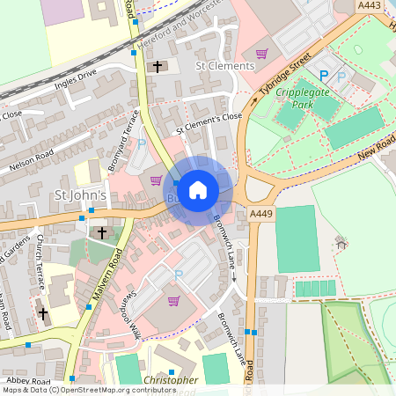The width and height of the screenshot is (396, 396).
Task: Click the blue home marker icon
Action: (198, 189)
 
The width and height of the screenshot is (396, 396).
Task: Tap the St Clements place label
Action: (224, 65)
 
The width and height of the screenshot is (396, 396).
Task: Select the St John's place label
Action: (80, 194)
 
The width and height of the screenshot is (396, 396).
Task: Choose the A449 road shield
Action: (260, 214)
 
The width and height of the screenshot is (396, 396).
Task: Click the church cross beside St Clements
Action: (158, 66)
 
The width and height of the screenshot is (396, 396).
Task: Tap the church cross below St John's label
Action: (102, 233)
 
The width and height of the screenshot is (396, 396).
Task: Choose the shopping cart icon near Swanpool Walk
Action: (173, 301)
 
